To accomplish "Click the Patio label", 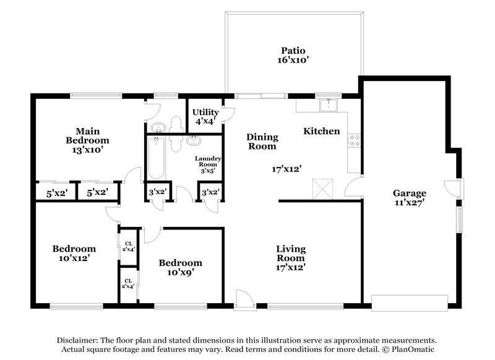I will tap(294, 55).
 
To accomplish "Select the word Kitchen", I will tap(321, 131).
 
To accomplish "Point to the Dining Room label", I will tap(262, 142).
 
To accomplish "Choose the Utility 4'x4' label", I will tap(205, 116).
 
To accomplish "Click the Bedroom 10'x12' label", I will tap(73, 254).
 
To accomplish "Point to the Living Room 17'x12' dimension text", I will tap(290, 268).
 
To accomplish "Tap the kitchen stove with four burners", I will tap(354, 141).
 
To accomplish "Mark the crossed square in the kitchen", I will tap(324, 187).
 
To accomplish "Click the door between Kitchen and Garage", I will tap(353, 187).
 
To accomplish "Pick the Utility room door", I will tap(228, 114).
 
